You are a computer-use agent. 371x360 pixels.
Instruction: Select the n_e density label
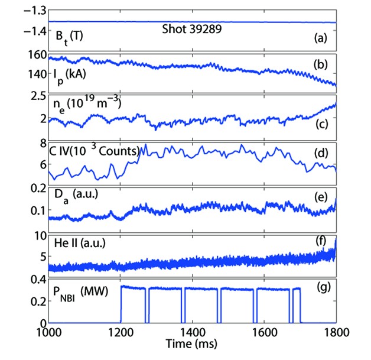(89, 105)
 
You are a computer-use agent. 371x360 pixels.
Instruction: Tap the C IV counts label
(95, 151)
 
